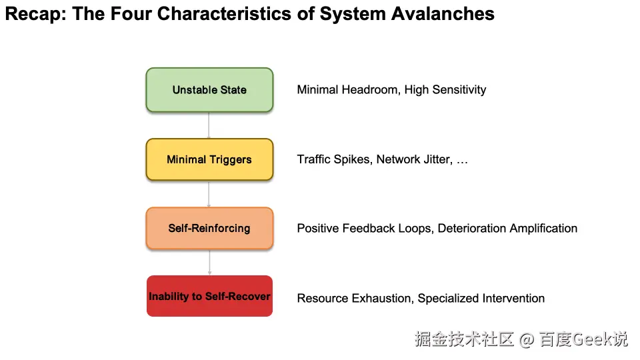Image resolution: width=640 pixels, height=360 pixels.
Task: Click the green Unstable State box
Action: tap(209, 89)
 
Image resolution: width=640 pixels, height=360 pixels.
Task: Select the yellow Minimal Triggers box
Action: tap(209, 159)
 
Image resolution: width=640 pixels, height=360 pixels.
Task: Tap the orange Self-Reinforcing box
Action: tap(209, 228)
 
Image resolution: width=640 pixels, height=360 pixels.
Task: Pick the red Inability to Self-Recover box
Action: tap(209, 296)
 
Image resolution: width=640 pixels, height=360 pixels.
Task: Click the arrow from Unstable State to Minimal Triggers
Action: tap(209, 125)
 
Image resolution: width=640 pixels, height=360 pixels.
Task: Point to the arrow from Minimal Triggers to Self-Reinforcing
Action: tap(209, 194)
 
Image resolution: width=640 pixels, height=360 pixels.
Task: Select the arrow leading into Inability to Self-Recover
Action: tap(209, 262)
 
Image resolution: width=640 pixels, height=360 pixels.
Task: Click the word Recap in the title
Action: tap(31, 13)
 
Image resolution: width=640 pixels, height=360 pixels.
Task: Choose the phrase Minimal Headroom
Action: tap(348, 89)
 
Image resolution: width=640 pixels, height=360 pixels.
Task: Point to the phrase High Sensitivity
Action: tap(445, 89)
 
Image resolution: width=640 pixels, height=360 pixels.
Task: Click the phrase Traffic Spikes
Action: tap(334, 159)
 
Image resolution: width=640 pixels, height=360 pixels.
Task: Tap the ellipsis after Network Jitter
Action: tap(462, 160)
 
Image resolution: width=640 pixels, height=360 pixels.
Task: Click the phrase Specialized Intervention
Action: tap(481, 298)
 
